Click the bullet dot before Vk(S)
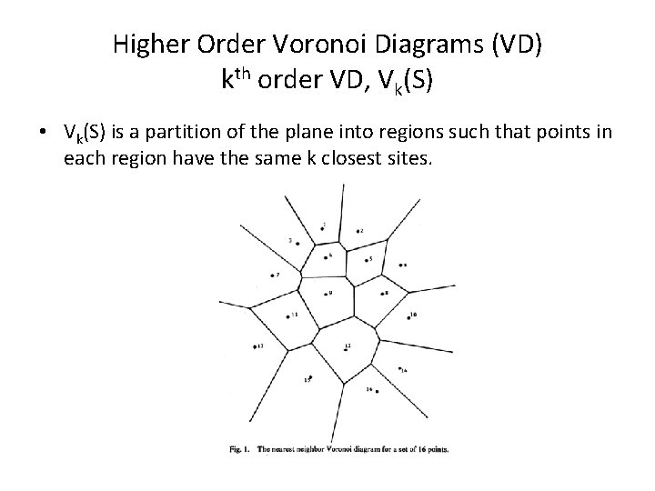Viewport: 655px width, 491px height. [43, 134]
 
